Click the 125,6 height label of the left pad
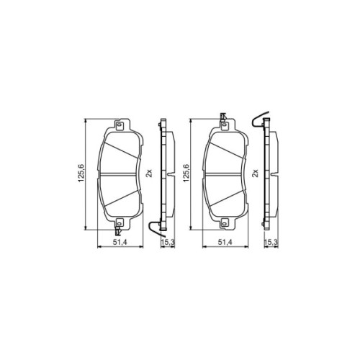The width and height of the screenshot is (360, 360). (x=81, y=173)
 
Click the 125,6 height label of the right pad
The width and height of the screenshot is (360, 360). (x=186, y=173)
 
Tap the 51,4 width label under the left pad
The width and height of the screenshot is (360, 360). (x=120, y=243)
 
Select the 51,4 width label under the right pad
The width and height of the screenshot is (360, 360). (x=225, y=243)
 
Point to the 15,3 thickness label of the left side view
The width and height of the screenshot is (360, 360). (x=168, y=243)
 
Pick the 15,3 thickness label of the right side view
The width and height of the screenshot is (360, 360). (x=271, y=243)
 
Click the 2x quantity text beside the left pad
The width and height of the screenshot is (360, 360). (x=149, y=173)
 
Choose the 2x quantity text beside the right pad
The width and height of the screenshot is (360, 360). (x=255, y=173)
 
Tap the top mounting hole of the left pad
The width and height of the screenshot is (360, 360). (x=119, y=125)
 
